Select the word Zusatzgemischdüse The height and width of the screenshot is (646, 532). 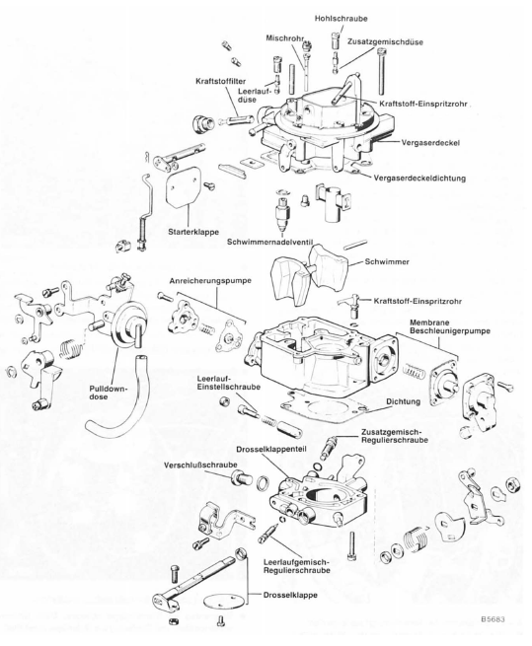[x=385, y=42]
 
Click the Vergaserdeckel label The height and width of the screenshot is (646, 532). [x=430, y=143]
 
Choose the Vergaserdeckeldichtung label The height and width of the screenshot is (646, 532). [x=419, y=179]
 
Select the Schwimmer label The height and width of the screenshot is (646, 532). [x=387, y=261]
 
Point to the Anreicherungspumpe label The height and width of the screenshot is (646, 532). [x=210, y=281]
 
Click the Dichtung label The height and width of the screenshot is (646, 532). [x=404, y=401]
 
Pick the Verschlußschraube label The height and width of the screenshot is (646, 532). [x=200, y=466]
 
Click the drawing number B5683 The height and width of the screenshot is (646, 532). [x=492, y=618]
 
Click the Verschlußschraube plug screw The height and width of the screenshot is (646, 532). [x=242, y=478]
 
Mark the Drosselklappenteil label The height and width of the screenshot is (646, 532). [x=271, y=449]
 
